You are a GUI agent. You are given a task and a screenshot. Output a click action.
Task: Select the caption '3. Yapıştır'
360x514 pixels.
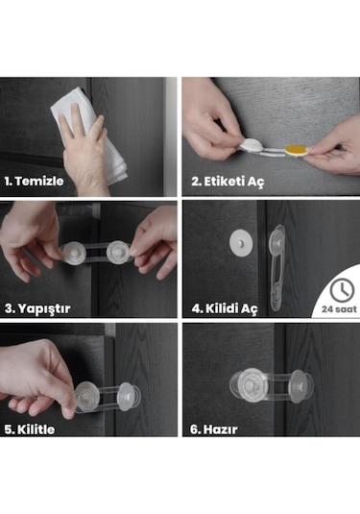point(38,308)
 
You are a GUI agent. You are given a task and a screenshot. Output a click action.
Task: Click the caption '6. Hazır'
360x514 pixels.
point(213,429)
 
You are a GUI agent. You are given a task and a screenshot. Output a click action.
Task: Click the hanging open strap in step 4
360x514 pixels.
point(276,269)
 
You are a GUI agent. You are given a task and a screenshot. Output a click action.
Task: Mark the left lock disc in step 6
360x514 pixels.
point(249,384)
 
